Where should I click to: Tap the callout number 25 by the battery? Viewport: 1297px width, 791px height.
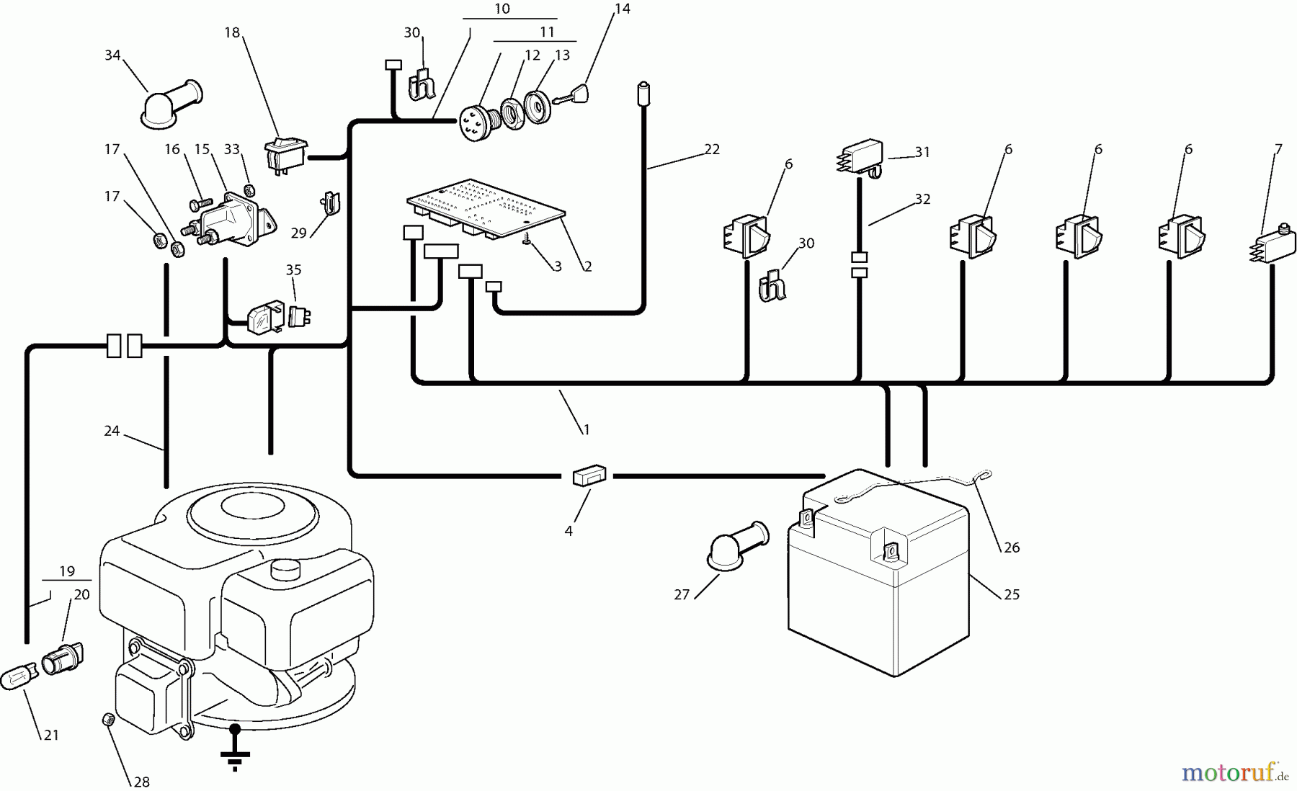pos(1012,595)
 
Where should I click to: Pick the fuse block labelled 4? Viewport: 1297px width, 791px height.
pos(589,476)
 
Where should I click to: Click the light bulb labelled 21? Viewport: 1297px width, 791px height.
pos(19,679)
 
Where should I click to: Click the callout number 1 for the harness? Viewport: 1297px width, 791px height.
pos(587,430)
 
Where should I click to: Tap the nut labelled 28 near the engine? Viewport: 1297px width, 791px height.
pos(107,718)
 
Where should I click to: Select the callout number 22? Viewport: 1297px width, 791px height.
pos(712,149)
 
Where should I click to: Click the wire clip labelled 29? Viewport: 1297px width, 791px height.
pos(331,204)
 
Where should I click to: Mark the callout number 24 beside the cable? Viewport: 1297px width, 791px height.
pos(112,431)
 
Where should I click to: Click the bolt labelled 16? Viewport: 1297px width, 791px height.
pos(200,203)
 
